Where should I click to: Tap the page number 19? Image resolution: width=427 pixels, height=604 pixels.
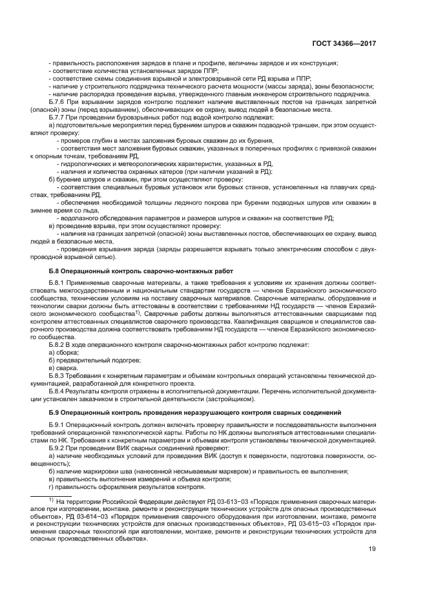pos(373,550)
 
